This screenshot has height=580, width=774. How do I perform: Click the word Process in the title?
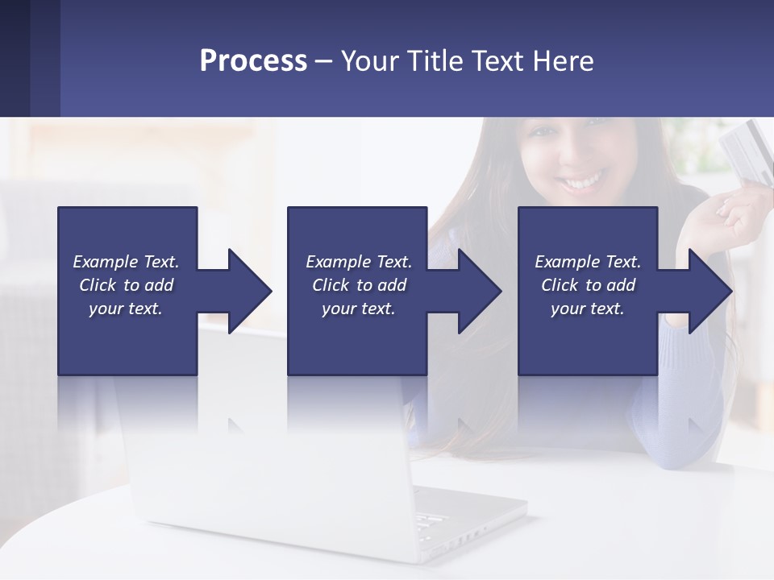coord(253,60)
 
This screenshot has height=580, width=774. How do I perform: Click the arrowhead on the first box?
coord(249,291)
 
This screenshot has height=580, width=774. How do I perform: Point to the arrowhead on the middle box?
coord(479,291)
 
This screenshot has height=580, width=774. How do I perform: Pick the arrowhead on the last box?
coord(709,291)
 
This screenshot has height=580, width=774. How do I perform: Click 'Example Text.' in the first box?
coord(126,262)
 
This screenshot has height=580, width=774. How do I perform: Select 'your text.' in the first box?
coord(126,309)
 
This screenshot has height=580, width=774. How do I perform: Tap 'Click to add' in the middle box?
coord(359,285)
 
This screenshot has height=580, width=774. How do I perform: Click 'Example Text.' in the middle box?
coord(359,262)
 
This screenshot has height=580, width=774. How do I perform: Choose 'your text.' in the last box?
coord(588,309)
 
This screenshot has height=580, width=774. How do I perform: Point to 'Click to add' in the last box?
coord(588,285)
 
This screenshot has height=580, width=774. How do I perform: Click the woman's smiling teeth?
coord(581,182)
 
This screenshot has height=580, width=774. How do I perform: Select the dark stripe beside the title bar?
coord(30,58)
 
